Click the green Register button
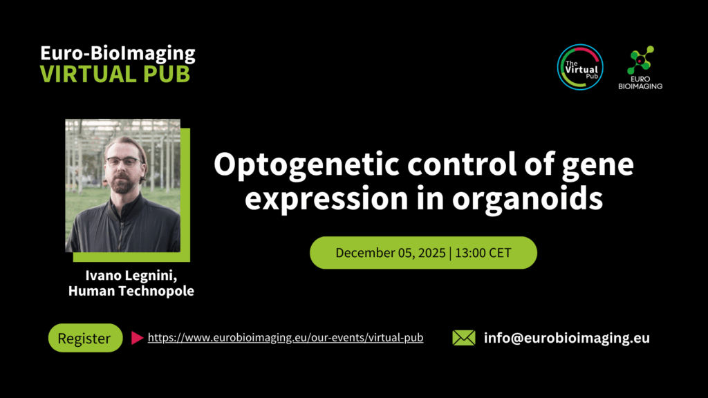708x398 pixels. tap(85, 337)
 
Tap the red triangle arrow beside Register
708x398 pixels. tap(137, 337)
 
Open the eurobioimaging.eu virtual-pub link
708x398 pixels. tap(286, 337)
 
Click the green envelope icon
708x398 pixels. tap(464, 337)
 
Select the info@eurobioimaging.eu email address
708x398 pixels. tap(567, 337)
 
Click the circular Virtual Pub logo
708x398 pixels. tap(580, 67)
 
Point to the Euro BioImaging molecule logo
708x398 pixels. tap(640, 67)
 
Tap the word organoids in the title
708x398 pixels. tap(528, 198)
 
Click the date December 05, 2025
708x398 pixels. tap(391, 253)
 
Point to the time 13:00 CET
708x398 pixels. tap(483, 253)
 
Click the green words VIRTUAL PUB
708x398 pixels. tap(115, 74)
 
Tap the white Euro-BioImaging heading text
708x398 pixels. tap(118, 53)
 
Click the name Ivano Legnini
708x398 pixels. tap(131, 275)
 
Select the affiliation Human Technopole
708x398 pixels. tap(131, 291)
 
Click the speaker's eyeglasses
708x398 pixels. tap(124, 162)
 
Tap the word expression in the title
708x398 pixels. tap(326, 199)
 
